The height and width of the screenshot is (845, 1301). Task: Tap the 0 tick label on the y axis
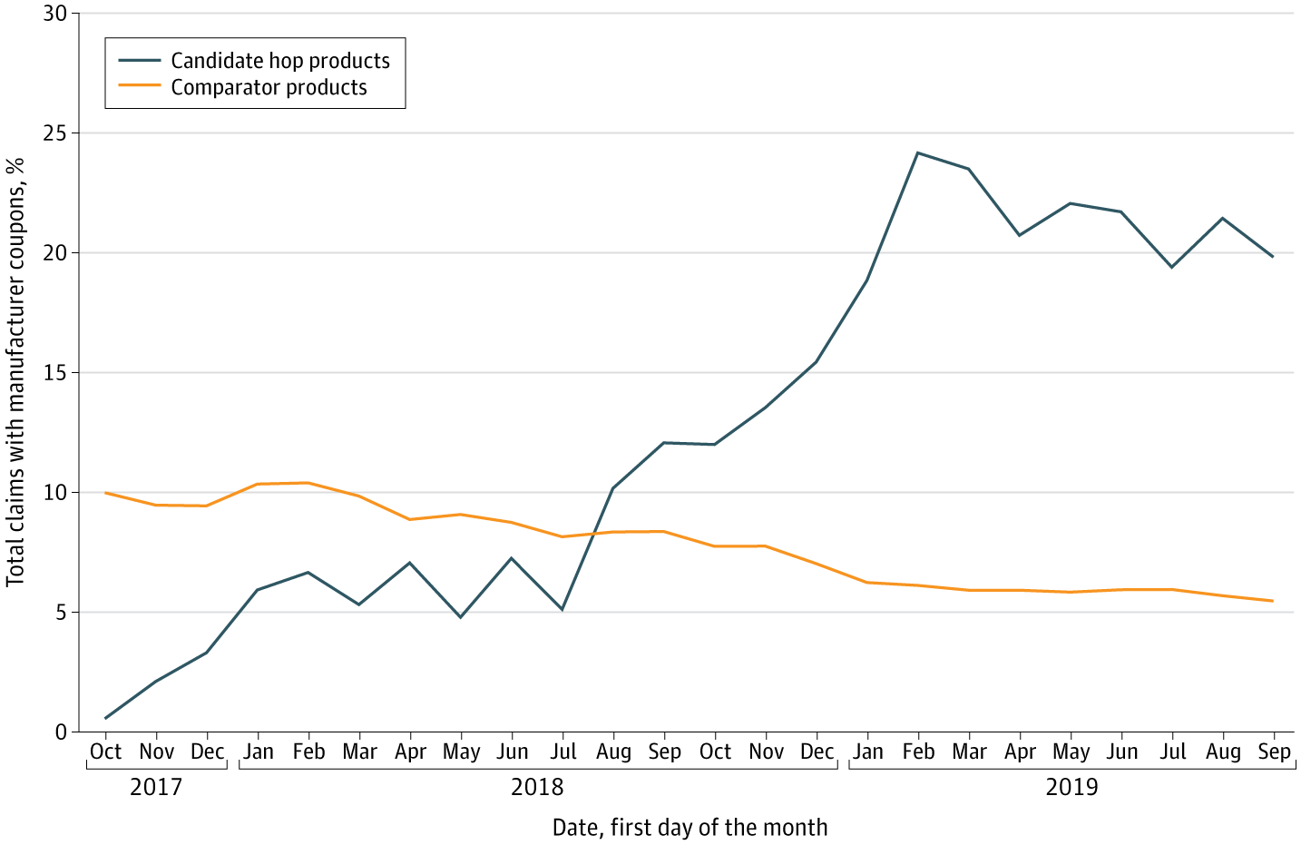pos(62,732)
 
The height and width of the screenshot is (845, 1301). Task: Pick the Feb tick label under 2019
pos(918,752)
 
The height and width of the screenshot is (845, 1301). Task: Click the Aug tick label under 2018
pos(613,752)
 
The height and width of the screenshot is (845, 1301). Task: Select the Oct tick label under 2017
pos(105,752)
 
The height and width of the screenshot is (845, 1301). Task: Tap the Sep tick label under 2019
pos(1274,752)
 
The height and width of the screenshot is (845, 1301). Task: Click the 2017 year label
pos(156,786)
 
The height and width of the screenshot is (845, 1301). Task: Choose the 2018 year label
pos(537,786)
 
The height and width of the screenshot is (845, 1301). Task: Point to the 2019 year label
pos(1071,786)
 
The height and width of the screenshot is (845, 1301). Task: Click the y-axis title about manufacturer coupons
pos(15,372)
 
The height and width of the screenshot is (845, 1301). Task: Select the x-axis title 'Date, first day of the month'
pos(690,828)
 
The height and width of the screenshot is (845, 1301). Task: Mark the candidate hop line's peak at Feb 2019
pos(918,152)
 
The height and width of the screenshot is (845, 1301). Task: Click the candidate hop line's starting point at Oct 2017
pos(105,718)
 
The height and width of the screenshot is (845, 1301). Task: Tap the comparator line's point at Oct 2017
pos(105,493)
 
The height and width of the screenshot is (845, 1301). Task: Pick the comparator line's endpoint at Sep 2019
pos(1274,601)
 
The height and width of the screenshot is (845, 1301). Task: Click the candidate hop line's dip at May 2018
pos(461,617)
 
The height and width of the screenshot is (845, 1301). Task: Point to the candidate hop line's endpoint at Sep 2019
pos(1274,257)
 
